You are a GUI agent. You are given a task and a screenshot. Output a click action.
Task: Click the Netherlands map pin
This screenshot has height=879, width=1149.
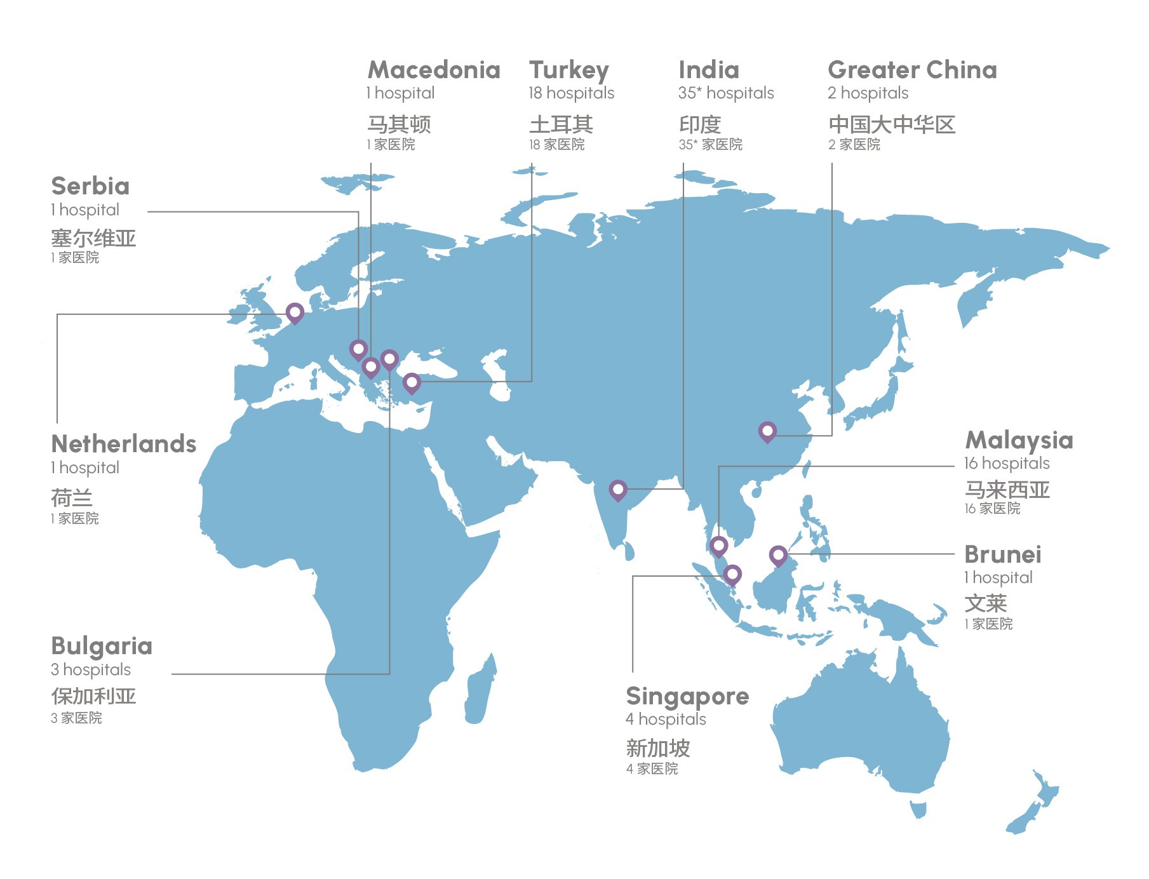[x=295, y=312]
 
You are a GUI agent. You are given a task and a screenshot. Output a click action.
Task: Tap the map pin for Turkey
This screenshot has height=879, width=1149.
[x=412, y=383]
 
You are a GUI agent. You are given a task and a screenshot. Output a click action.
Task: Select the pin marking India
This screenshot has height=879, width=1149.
[x=618, y=490]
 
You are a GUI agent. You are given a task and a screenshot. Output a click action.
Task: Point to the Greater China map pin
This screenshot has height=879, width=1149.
[x=767, y=432]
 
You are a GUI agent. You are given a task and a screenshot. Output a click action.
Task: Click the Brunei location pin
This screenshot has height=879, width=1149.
[x=778, y=556]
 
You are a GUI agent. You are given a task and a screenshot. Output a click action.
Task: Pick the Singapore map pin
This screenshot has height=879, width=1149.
[x=732, y=575]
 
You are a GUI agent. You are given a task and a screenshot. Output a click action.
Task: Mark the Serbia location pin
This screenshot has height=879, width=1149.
[x=358, y=349]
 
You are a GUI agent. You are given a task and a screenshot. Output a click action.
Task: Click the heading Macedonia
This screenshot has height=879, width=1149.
[x=434, y=70]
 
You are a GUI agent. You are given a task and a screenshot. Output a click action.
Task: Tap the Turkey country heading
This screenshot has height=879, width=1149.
[x=569, y=70]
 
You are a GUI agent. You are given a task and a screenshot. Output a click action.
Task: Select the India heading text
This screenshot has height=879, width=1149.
[x=709, y=70]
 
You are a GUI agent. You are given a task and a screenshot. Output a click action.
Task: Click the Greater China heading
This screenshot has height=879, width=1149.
[x=912, y=70]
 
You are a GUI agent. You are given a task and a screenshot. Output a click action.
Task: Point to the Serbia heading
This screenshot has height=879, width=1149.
[x=90, y=186]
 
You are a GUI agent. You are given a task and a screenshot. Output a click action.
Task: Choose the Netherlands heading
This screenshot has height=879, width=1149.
[x=124, y=444]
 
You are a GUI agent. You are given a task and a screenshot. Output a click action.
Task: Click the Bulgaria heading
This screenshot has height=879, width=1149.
[x=102, y=646]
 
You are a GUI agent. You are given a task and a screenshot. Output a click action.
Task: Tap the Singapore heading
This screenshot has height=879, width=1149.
[x=687, y=697]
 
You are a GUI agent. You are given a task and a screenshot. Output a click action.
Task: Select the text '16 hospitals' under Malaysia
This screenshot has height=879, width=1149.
[x=1007, y=463]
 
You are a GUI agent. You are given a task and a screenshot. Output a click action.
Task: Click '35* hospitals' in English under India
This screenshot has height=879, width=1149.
[x=726, y=93]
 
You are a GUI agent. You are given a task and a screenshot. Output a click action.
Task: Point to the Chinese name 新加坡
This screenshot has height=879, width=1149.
[x=658, y=748]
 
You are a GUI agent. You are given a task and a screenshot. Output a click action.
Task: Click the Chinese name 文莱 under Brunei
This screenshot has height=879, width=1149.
[x=986, y=603]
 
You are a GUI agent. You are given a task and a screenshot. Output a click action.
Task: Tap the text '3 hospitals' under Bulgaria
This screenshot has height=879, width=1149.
[x=91, y=669]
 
